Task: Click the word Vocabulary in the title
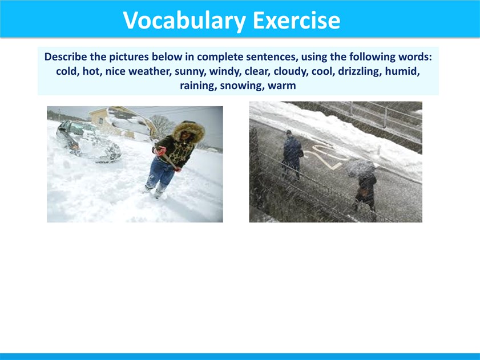click(x=184, y=21)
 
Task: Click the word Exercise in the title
click(x=297, y=20)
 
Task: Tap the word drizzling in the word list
click(x=360, y=71)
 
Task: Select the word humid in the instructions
click(x=401, y=71)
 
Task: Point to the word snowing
click(x=242, y=86)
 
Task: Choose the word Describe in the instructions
click(x=66, y=56)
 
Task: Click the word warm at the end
click(x=281, y=86)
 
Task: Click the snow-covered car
click(x=88, y=141)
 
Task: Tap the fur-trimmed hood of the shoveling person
click(x=189, y=131)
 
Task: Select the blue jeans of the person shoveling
click(x=161, y=173)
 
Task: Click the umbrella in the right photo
click(x=361, y=168)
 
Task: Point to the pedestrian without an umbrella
click(x=292, y=155)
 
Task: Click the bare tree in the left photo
click(x=162, y=126)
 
